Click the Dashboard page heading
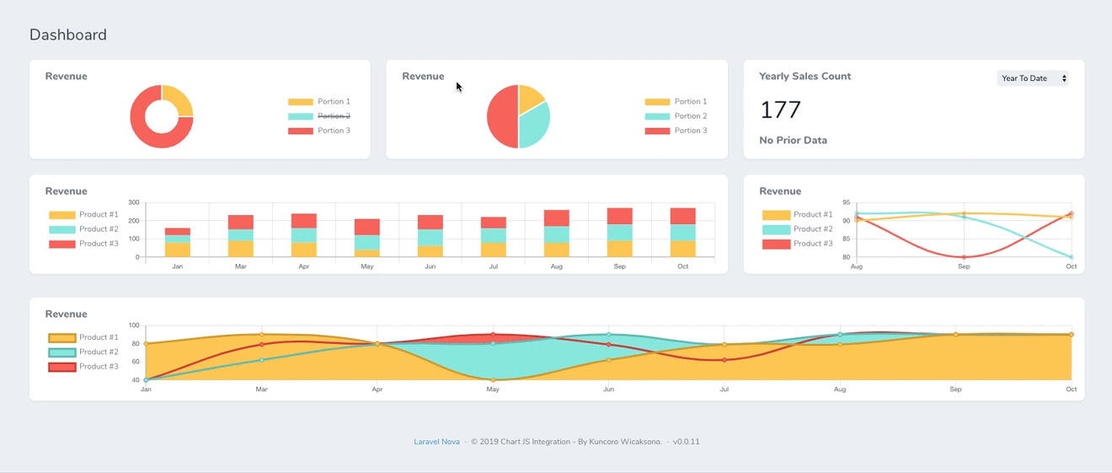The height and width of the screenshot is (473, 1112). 68,35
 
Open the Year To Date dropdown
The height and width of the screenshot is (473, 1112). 1033,78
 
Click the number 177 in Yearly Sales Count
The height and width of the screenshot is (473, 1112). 780,110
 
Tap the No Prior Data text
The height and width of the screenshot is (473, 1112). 793,141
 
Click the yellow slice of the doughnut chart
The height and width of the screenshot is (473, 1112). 178,100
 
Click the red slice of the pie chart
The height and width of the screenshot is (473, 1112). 501,117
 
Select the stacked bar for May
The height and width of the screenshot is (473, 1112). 366,238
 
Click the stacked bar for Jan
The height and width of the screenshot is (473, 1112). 177,243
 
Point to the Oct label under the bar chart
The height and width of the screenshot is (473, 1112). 682,266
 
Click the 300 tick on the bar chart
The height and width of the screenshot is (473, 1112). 133,203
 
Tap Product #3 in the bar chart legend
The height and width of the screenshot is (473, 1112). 99,244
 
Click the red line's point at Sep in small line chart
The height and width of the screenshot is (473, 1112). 964,257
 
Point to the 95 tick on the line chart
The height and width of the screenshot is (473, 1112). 846,203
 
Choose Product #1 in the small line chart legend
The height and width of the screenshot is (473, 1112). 812,215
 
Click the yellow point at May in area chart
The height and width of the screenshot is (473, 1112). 493,379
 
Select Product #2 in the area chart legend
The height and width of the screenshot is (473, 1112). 99,352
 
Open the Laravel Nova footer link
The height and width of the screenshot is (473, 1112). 436,442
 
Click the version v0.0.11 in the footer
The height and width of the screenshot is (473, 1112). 686,442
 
